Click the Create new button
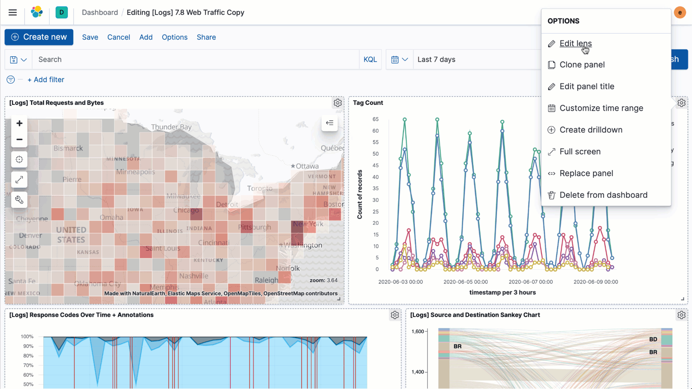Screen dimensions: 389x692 (x=39, y=37)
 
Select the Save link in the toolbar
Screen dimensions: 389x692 (x=90, y=37)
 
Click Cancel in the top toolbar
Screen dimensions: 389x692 (x=119, y=37)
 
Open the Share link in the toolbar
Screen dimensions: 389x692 (x=206, y=37)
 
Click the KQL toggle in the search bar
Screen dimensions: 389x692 (x=370, y=59)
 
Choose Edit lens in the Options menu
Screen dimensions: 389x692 (x=576, y=44)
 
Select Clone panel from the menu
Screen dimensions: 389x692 (x=582, y=65)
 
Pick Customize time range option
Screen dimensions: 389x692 (x=601, y=108)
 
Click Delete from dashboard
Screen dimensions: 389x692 (x=603, y=195)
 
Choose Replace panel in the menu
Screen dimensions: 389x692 (x=586, y=173)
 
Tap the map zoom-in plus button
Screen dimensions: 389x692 (x=19, y=123)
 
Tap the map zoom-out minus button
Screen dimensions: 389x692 (x=19, y=139)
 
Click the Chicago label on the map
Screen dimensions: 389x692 (x=186, y=210)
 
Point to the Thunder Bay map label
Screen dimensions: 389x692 (x=171, y=127)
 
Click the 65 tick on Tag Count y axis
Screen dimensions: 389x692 (x=376, y=119)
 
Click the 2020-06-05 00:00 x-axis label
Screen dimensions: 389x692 (x=465, y=282)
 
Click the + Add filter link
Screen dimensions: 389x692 (x=46, y=80)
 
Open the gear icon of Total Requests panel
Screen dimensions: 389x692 (x=338, y=103)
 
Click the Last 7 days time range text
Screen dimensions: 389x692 (x=436, y=59)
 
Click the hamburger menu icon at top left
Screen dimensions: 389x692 (x=13, y=13)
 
